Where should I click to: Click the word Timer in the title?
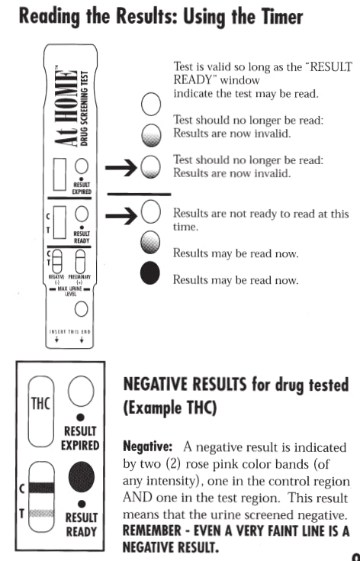278,17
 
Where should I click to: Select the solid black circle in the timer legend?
150,272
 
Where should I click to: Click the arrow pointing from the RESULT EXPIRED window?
121,167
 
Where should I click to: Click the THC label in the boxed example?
40,404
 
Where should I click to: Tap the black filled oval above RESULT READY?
82,476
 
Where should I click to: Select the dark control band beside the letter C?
41,487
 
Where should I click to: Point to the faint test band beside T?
41,514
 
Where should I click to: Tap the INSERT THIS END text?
69,332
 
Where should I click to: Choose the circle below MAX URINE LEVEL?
81,309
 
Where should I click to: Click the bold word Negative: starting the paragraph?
148,447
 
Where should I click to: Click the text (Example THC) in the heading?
170,408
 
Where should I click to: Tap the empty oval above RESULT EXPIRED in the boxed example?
81,391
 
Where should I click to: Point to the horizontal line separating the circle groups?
139,195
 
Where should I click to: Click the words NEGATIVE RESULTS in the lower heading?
185,385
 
